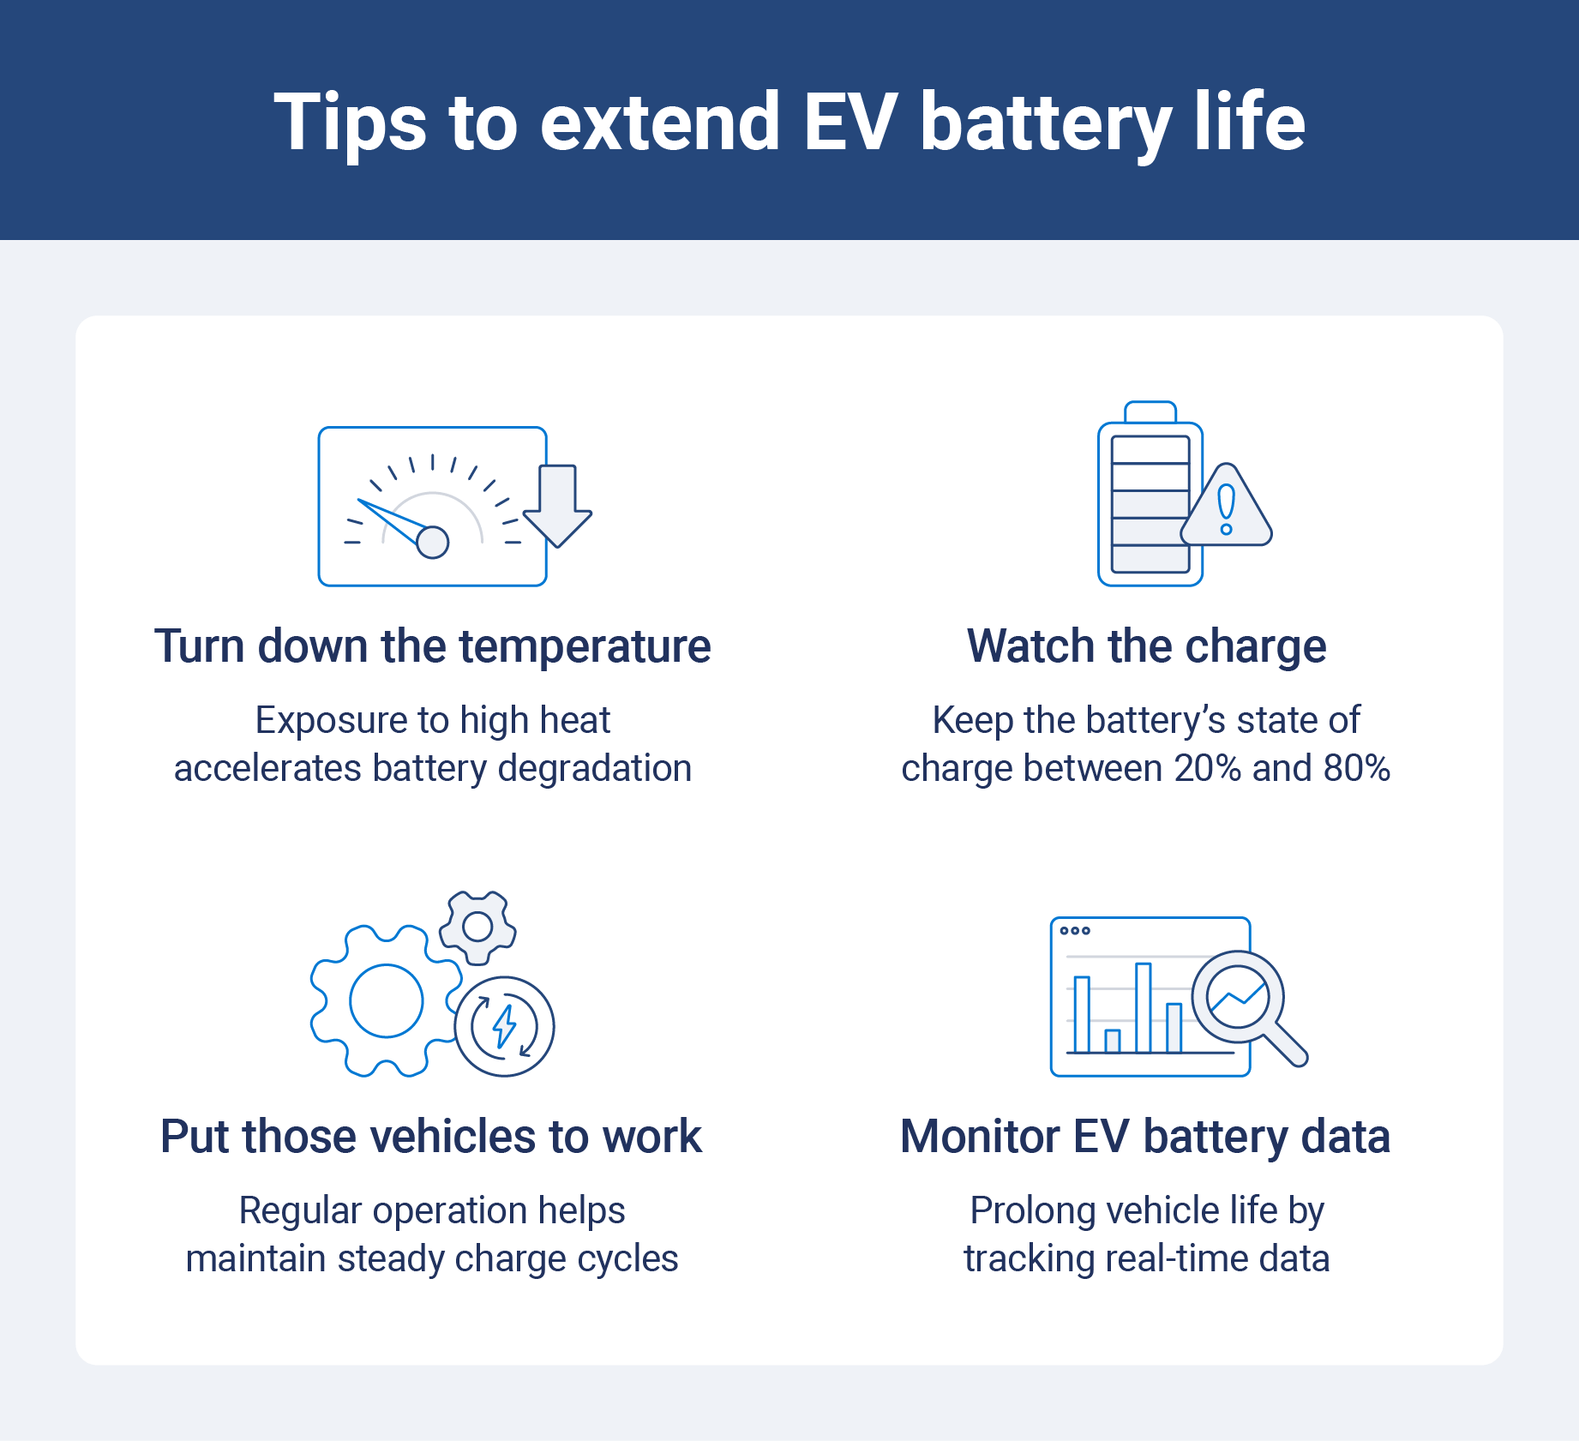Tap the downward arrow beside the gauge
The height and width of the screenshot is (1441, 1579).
click(x=557, y=505)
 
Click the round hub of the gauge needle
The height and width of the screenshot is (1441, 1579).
click(x=432, y=542)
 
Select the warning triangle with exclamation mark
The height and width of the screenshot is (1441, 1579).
click(x=1227, y=509)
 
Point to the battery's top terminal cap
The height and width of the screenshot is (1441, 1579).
click(x=1150, y=412)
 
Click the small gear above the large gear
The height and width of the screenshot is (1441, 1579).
click(x=477, y=926)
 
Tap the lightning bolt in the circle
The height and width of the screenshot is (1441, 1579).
click(x=504, y=1026)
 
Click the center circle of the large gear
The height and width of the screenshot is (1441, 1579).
click(x=386, y=1000)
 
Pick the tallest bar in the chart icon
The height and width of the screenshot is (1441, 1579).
click(x=1143, y=1007)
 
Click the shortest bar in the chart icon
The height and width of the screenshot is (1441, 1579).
click(x=1113, y=1041)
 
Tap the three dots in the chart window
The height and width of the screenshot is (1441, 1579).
click(x=1075, y=931)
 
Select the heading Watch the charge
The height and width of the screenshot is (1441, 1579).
click(x=1146, y=646)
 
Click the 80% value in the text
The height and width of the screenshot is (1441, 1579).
click(x=1356, y=768)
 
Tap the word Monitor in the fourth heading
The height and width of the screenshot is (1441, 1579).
click(x=980, y=1137)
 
